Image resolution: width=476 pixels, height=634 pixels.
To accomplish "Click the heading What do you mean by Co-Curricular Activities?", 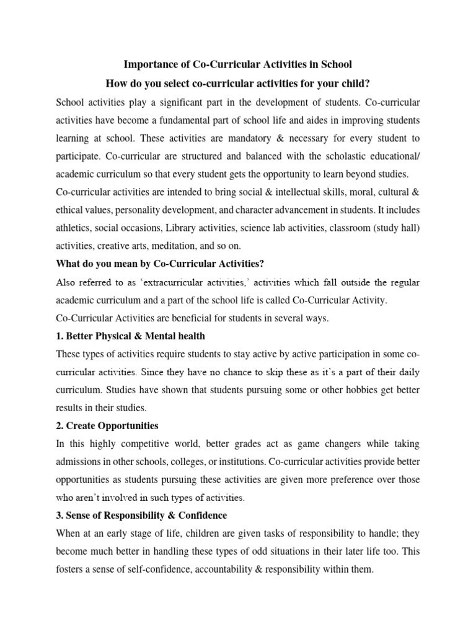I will coord(160,264).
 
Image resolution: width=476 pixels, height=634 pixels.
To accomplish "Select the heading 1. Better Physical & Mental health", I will coord(130,336).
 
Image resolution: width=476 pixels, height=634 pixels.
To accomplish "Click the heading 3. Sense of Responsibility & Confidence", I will coord(141,516).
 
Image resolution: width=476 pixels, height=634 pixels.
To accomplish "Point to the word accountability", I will coord(226,569).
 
